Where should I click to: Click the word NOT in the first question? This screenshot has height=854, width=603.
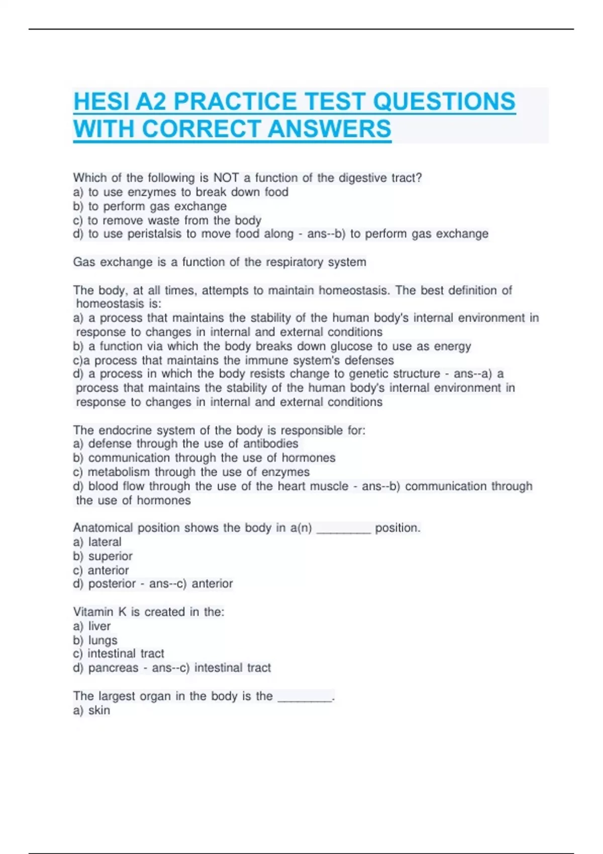pos(226,178)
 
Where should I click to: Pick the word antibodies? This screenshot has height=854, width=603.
pos(270,444)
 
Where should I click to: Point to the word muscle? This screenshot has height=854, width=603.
pos(327,486)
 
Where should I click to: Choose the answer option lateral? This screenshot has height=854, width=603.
pos(105,542)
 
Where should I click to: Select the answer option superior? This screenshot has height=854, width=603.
pos(110,556)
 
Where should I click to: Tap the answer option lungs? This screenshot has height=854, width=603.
pos(103,640)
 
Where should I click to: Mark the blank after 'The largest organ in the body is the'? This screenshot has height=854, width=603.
pos(305,698)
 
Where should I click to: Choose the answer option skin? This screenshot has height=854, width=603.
pos(99,710)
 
